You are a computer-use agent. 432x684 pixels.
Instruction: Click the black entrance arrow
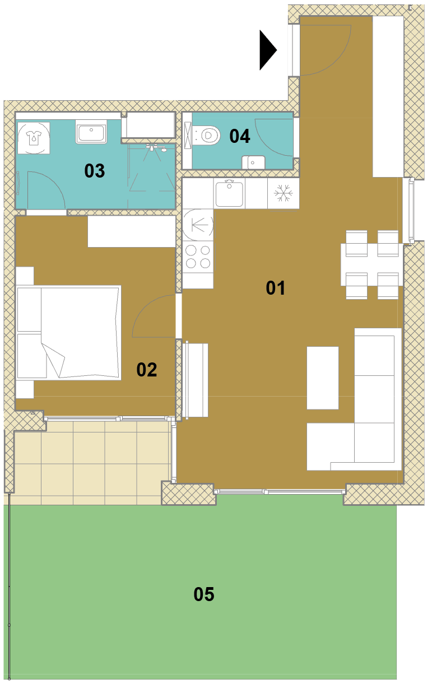[267, 50]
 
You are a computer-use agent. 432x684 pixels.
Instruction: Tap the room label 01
[275, 288]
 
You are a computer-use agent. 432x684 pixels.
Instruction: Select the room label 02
[147, 370]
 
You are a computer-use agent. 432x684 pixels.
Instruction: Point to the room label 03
[94, 171]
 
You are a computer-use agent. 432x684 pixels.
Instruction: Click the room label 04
[240, 136]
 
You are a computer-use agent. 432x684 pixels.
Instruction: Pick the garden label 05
[204, 594]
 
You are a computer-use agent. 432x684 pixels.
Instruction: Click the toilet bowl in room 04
[207, 135]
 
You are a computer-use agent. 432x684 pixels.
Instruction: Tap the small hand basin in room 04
[253, 162]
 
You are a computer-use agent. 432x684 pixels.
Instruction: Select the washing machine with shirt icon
[34, 138]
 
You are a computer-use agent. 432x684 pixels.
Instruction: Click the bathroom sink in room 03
[91, 132]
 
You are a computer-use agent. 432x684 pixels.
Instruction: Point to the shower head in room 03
[156, 148]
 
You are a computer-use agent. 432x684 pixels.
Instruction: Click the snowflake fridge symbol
[283, 193]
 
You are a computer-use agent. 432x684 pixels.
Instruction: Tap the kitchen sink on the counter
[229, 193]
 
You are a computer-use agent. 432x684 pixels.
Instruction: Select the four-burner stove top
[198, 257]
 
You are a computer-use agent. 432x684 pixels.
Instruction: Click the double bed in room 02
[68, 333]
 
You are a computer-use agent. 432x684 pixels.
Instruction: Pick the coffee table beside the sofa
[323, 378]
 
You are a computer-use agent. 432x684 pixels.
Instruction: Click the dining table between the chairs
[371, 264]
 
